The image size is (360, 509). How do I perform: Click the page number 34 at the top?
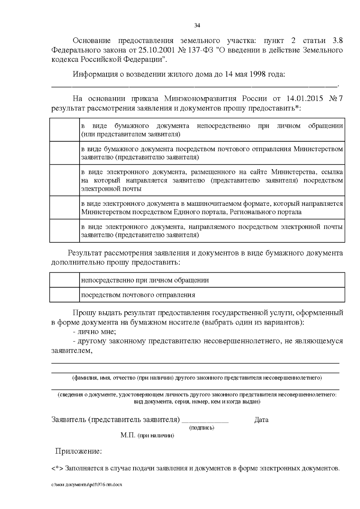point(197,25)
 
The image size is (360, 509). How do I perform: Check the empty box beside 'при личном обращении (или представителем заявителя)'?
point(64,130)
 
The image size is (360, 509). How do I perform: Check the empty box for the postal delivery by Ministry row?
point(64,153)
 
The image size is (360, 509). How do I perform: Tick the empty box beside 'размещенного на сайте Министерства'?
point(64,180)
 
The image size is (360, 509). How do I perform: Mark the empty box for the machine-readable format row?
point(64,208)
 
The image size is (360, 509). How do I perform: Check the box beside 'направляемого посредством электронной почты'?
point(64,231)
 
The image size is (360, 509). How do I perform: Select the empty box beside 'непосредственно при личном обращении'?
point(64,280)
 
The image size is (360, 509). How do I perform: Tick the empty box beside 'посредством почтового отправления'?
point(64,295)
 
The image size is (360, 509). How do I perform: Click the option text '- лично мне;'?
point(94,332)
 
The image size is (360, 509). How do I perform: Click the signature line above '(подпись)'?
point(205,422)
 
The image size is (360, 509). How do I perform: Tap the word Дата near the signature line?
point(261,420)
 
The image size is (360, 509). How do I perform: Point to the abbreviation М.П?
point(128,435)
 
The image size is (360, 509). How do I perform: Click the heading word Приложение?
point(79,451)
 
